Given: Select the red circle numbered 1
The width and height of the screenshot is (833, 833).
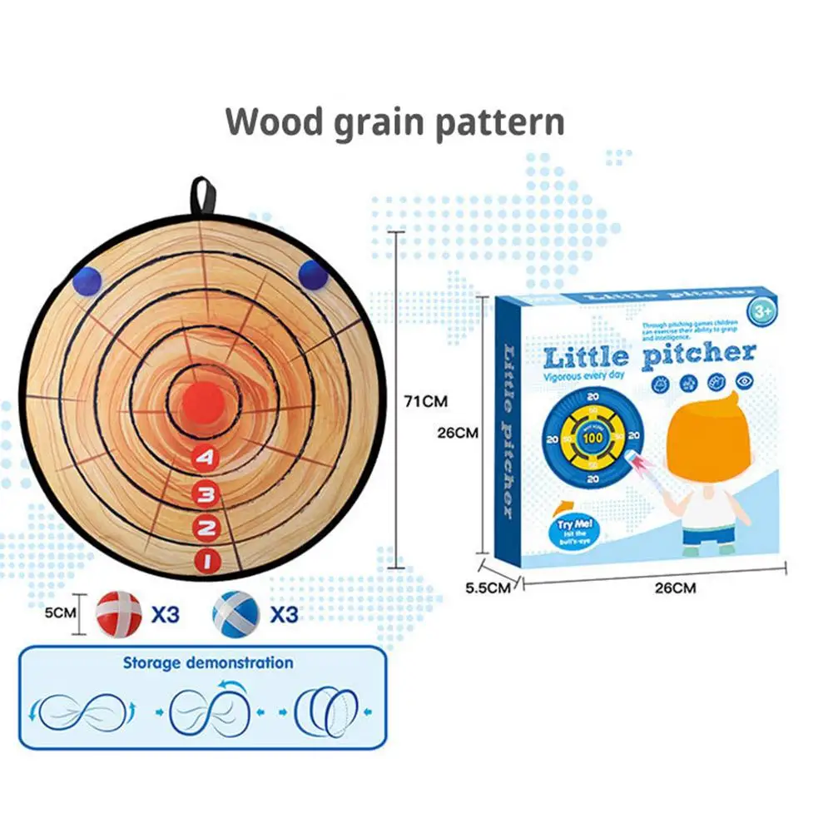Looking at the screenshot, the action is point(206,559).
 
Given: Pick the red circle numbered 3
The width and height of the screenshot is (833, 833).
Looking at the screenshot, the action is point(206,494).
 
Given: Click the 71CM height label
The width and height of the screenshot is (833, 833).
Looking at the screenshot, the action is point(426,400).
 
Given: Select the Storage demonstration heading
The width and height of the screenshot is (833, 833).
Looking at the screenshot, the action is point(208,663).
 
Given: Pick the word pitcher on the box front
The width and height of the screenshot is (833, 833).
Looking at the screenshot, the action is point(699,353).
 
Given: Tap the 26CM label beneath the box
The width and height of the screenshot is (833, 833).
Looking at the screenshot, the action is point(674,588).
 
